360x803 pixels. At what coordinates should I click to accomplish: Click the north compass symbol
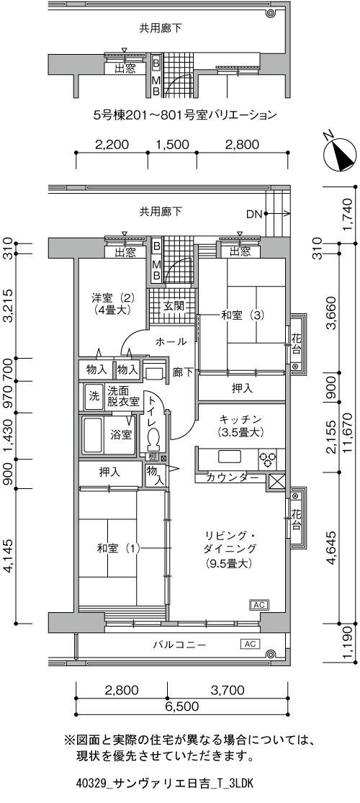[x=339, y=153]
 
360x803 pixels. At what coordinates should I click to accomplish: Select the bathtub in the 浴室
[x=93, y=435]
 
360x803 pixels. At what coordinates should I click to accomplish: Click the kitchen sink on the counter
[x=230, y=456]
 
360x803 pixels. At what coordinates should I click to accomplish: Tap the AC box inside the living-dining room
[x=258, y=605]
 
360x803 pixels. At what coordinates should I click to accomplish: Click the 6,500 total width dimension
[x=181, y=706]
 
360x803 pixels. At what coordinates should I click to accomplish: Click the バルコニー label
[x=179, y=645]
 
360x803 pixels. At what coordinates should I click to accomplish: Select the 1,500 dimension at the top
[x=171, y=145]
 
